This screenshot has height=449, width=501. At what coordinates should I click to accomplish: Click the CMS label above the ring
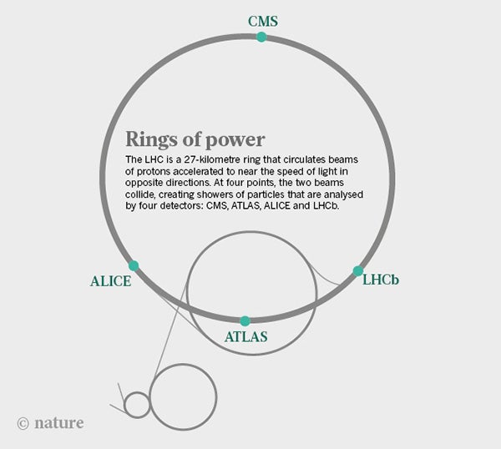tap(263, 22)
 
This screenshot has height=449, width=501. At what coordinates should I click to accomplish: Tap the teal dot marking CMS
tap(261, 37)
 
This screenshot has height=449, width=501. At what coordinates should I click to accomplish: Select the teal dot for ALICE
tap(134, 265)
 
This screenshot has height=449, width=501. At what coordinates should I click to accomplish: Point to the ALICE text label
tap(110, 281)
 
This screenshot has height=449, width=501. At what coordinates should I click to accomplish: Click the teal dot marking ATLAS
tap(245, 321)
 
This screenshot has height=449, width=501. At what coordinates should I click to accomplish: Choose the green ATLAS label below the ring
tap(246, 336)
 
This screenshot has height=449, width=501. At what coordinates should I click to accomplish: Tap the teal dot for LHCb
tap(358, 270)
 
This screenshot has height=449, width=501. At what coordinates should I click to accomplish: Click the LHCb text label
tap(381, 280)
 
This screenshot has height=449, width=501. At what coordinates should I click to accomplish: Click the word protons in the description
tap(153, 171)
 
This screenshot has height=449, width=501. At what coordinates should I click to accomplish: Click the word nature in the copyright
tap(59, 423)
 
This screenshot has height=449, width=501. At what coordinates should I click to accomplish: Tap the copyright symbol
tap(23, 423)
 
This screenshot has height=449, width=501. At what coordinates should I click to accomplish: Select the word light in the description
tap(328, 171)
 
